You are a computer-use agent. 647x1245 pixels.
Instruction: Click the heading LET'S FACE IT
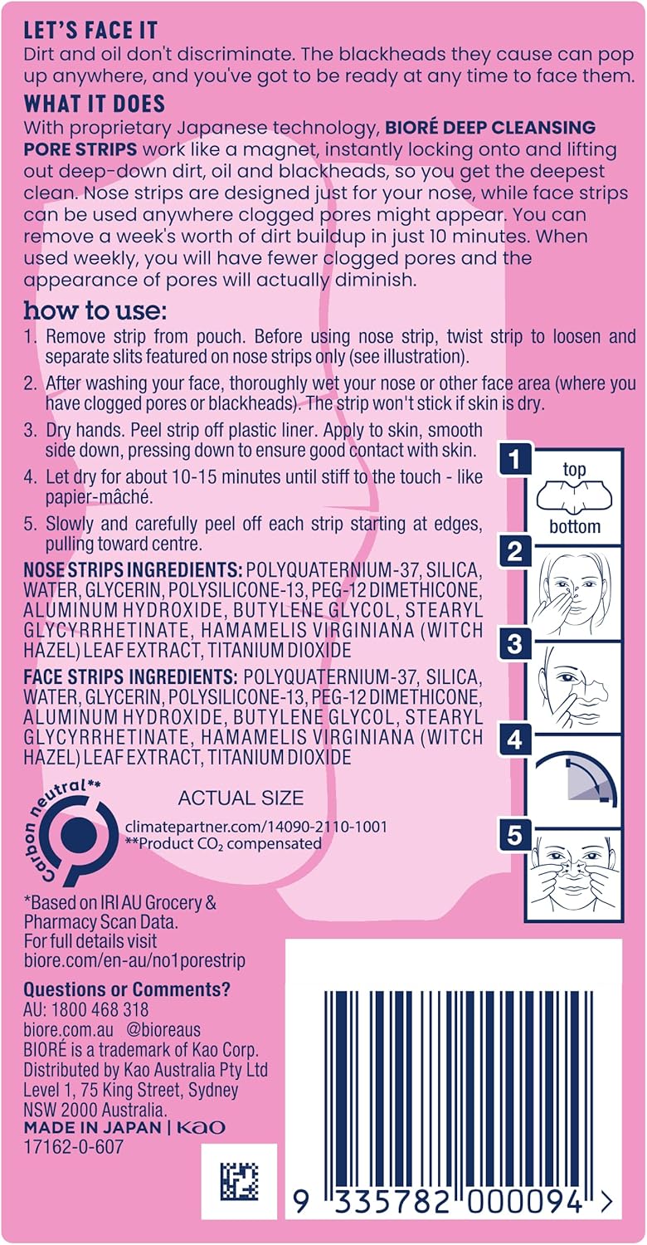pos(90,32)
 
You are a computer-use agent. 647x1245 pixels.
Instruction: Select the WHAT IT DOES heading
pos(95,104)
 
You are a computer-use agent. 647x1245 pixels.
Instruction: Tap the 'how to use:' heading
pos(95,310)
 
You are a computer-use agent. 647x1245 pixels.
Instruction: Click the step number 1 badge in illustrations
pos(515,459)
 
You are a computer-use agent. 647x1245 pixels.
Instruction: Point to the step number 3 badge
pos(515,644)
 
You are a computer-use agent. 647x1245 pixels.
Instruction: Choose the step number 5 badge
pos(515,835)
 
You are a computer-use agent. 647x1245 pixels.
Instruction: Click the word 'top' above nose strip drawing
pos(574,470)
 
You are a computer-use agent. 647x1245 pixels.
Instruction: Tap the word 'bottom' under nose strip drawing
pos(575,525)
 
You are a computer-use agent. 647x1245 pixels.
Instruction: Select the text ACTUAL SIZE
pos(241,798)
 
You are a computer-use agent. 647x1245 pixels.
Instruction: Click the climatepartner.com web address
pos(256,826)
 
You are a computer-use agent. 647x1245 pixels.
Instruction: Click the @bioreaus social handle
pos(163,1029)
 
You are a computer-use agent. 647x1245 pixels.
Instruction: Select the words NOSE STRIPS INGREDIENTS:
pos(133,570)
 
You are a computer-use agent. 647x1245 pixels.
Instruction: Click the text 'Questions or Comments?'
pos(127,989)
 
